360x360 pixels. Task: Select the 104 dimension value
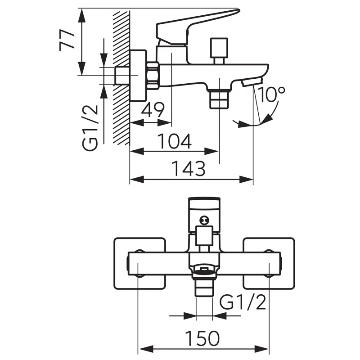(175, 141)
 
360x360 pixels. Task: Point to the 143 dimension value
(189, 169)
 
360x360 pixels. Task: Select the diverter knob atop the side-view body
(219, 49)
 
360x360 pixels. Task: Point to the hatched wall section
(121, 76)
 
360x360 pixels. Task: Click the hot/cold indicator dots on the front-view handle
(203, 220)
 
